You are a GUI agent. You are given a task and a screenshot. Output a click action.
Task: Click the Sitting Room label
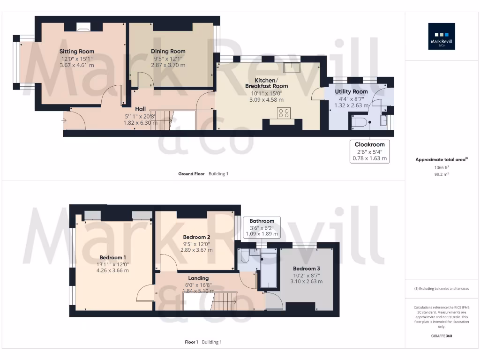pos(77,52)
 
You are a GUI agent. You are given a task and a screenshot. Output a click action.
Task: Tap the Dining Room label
pos(168,52)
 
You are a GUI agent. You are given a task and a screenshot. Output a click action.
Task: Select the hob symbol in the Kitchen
pos(284,113)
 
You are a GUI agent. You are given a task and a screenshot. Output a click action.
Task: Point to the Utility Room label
pos(351,92)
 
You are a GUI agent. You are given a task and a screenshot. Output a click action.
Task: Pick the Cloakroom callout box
pos(369,151)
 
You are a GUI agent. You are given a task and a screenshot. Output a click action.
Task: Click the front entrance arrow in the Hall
pos(63,122)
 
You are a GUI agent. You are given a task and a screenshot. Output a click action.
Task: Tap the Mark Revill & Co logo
pos(441,37)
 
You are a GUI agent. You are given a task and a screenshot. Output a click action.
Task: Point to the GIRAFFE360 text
pos(442,336)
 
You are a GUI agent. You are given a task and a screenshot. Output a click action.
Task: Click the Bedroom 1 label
pos(112,257)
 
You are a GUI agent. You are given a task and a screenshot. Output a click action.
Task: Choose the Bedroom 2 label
pos(196,237)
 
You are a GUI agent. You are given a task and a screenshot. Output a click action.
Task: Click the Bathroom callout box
pos(262,227)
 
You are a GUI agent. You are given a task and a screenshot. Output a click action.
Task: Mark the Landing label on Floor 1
pos(199,278)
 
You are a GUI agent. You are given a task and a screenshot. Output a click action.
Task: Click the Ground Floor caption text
pos(191,174)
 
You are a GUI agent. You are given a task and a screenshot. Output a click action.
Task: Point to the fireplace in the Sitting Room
pos(83,27)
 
